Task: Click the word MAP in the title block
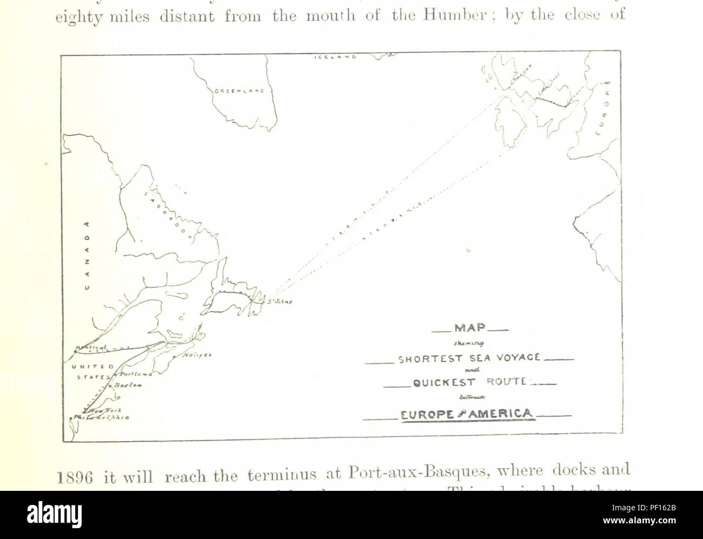pyautogui.click(x=469, y=328)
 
